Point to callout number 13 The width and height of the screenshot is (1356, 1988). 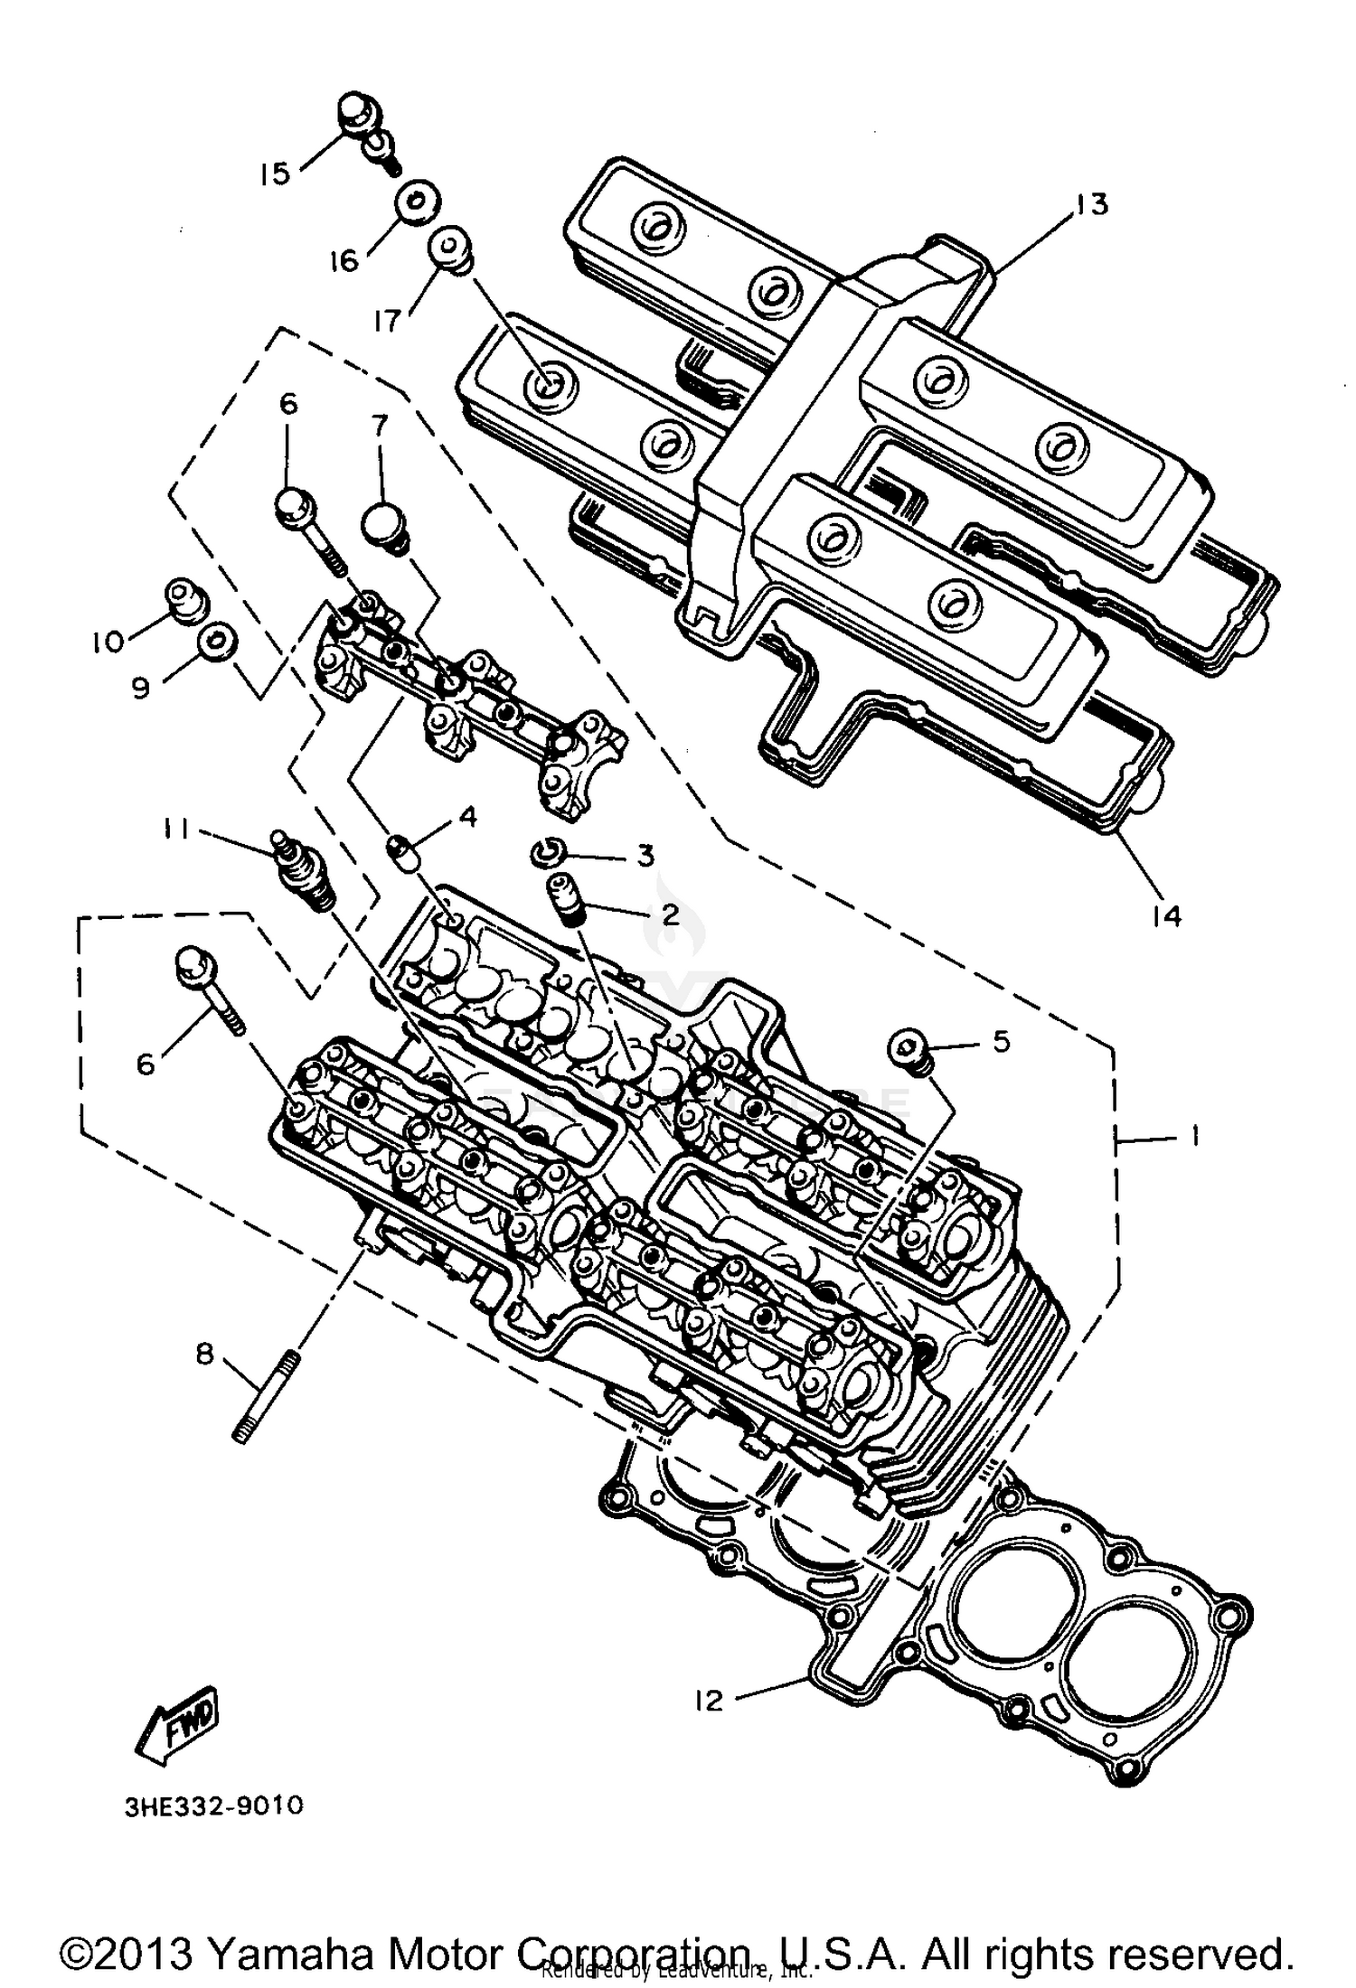tap(1091, 205)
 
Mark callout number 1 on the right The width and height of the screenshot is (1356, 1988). tap(1193, 1135)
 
